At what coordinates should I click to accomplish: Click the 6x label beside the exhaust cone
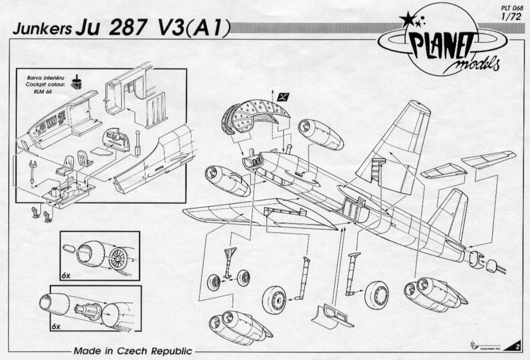pos(57,327)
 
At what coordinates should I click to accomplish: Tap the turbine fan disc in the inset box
pos(120,258)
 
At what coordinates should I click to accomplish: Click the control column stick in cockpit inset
pos(138,143)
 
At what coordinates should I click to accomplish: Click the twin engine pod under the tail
pos(432,293)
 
